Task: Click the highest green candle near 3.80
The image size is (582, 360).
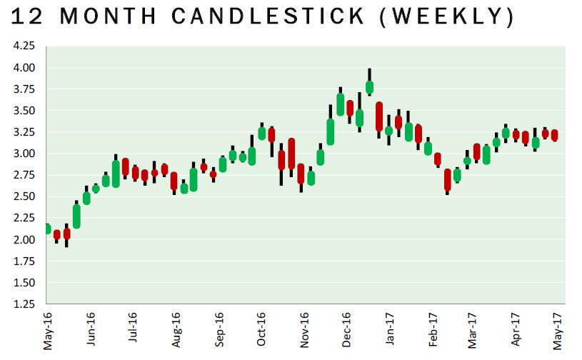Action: tap(369, 87)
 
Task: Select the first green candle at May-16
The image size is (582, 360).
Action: tap(47, 229)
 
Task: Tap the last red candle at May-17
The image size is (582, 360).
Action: tap(554, 136)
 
